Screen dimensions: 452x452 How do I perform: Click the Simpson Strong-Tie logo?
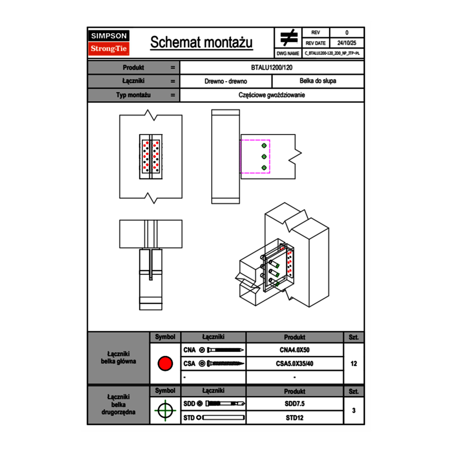(x=109, y=42)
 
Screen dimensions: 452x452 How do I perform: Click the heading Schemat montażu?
(x=201, y=43)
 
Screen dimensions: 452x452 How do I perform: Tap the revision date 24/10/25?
(x=347, y=43)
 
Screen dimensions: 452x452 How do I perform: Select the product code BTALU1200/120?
(x=272, y=67)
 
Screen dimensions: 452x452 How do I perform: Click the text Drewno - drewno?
(x=226, y=81)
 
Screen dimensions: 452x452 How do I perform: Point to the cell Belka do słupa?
(x=318, y=81)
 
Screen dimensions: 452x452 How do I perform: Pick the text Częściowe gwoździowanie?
(x=272, y=95)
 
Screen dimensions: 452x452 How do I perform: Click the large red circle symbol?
(x=165, y=364)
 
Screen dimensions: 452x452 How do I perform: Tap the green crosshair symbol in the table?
(x=165, y=410)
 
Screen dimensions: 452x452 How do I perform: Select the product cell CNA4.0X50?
(x=294, y=350)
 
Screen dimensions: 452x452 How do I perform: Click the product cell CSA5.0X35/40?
(x=294, y=364)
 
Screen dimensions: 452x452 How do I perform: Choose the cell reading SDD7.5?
(x=294, y=404)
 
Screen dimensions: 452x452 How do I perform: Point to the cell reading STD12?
(x=294, y=418)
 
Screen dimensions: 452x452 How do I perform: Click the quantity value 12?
(x=353, y=364)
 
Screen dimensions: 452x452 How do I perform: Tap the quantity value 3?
(x=353, y=410)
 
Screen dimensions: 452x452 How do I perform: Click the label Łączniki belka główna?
(x=119, y=357)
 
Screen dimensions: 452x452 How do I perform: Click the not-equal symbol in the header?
(x=289, y=37)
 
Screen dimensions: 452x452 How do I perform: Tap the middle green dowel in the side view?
(x=264, y=156)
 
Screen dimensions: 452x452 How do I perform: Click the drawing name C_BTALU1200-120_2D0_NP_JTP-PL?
(x=332, y=53)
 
